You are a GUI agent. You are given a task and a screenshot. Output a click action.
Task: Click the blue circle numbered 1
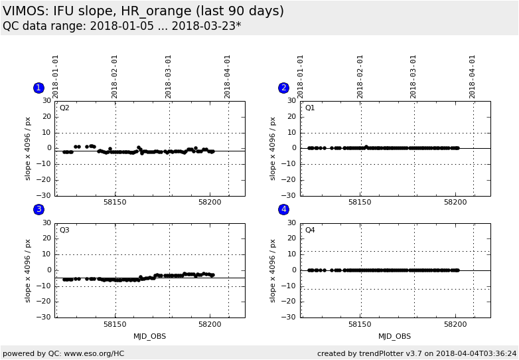click(38, 88)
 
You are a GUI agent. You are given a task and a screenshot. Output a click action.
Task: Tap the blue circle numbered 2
click(283, 88)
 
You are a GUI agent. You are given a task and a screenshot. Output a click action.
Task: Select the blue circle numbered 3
click(38, 209)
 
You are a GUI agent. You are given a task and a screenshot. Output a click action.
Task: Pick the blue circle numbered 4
click(283, 209)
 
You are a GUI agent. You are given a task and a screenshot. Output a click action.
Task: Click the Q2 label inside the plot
click(64, 108)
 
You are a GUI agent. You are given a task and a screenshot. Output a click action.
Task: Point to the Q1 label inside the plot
click(310, 108)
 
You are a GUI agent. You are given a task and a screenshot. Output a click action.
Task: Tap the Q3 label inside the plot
click(64, 230)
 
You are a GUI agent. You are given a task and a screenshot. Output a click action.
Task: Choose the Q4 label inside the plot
click(310, 230)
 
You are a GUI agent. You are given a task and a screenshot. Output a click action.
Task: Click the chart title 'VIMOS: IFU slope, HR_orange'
click(143, 11)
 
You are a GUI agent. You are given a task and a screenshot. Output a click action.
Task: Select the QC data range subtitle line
click(122, 26)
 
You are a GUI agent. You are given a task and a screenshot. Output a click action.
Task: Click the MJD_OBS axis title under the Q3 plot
click(149, 336)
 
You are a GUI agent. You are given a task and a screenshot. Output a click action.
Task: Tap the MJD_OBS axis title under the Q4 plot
click(394, 336)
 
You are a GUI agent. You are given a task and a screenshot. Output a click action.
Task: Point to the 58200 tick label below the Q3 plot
click(210, 324)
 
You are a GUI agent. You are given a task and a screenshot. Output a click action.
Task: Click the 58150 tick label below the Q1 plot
click(360, 202)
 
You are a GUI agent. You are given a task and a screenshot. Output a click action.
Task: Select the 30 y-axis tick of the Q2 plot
click(47, 101)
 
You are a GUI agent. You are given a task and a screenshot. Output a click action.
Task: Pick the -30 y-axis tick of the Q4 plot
click(290, 317)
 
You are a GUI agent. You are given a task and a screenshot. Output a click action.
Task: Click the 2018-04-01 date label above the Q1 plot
click(473, 76)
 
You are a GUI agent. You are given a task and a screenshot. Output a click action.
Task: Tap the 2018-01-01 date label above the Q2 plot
click(56, 76)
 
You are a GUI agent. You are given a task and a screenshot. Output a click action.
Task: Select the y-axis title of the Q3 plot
click(28, 270)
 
